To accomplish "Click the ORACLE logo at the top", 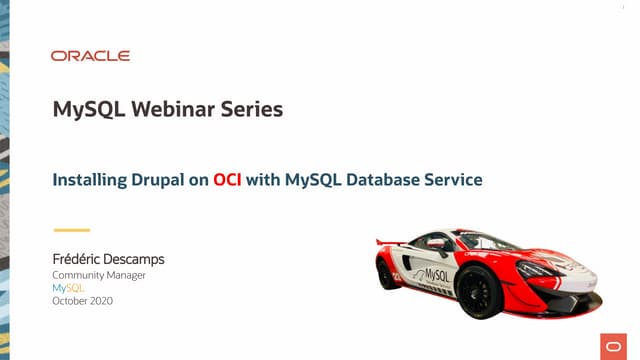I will (90, 56).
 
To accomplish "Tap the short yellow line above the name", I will (71, 230).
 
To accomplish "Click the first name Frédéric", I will (80, 259).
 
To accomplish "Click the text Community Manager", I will (98, 275).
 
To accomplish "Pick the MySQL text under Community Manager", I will (68, 288).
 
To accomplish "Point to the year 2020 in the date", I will (100, 301).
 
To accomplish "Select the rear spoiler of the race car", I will (392, 241).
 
